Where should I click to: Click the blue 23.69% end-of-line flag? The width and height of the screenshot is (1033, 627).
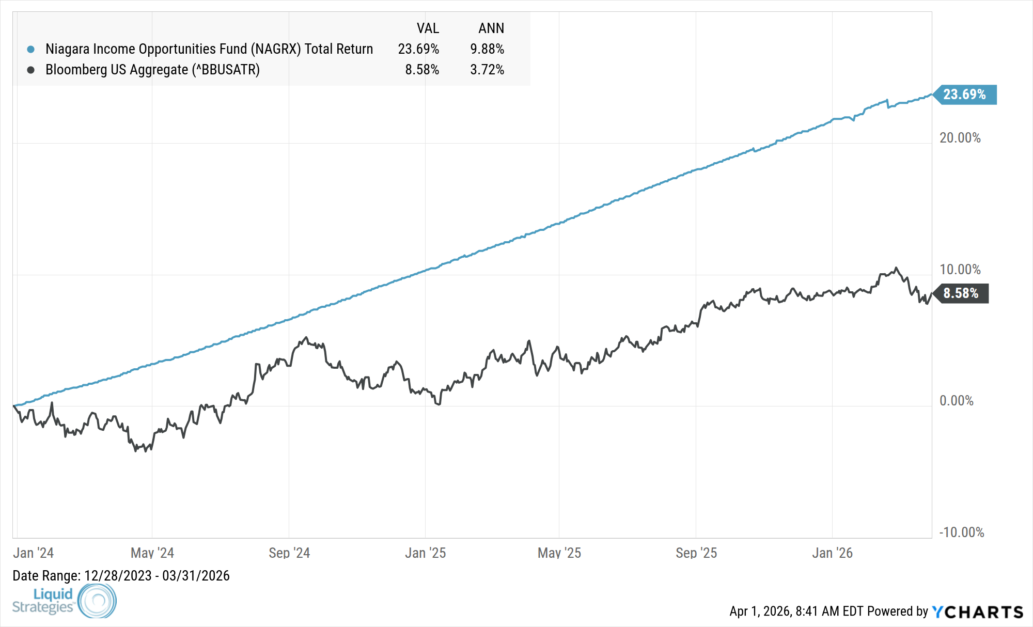(965, 95)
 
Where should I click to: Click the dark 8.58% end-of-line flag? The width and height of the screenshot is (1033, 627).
(961, 293)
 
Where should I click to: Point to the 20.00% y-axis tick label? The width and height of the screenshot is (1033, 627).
(960, 138)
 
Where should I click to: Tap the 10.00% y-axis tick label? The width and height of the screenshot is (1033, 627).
(960, 270)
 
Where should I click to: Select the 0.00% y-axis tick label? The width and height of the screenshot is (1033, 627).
(956, 401)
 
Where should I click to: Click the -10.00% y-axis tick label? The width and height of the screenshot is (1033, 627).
(961, 532)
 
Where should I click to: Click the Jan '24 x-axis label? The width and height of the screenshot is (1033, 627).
(34, 553)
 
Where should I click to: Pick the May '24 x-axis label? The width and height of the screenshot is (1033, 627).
(152, 553)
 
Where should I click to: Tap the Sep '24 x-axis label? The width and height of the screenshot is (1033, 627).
(289, 553)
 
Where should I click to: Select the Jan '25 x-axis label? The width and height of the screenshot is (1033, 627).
(425, 553)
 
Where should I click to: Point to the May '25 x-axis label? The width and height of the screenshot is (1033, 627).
(559, 553)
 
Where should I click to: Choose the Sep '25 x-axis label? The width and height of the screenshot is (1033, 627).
(696, 553)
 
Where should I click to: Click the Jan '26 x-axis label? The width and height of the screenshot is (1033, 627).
(832, 553)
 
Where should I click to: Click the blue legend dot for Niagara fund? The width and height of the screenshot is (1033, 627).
(31, 50)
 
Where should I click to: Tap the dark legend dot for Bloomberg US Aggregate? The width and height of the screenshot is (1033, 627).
(31, 70)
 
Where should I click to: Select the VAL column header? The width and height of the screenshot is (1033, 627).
(428, 28)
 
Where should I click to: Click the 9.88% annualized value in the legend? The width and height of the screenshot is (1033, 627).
(487, 49)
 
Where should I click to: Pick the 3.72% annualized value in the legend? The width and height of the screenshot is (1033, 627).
(487, 70)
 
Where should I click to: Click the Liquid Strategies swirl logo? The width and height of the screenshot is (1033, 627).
(97, 601)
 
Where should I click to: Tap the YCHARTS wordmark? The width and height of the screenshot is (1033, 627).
(978, 612)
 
